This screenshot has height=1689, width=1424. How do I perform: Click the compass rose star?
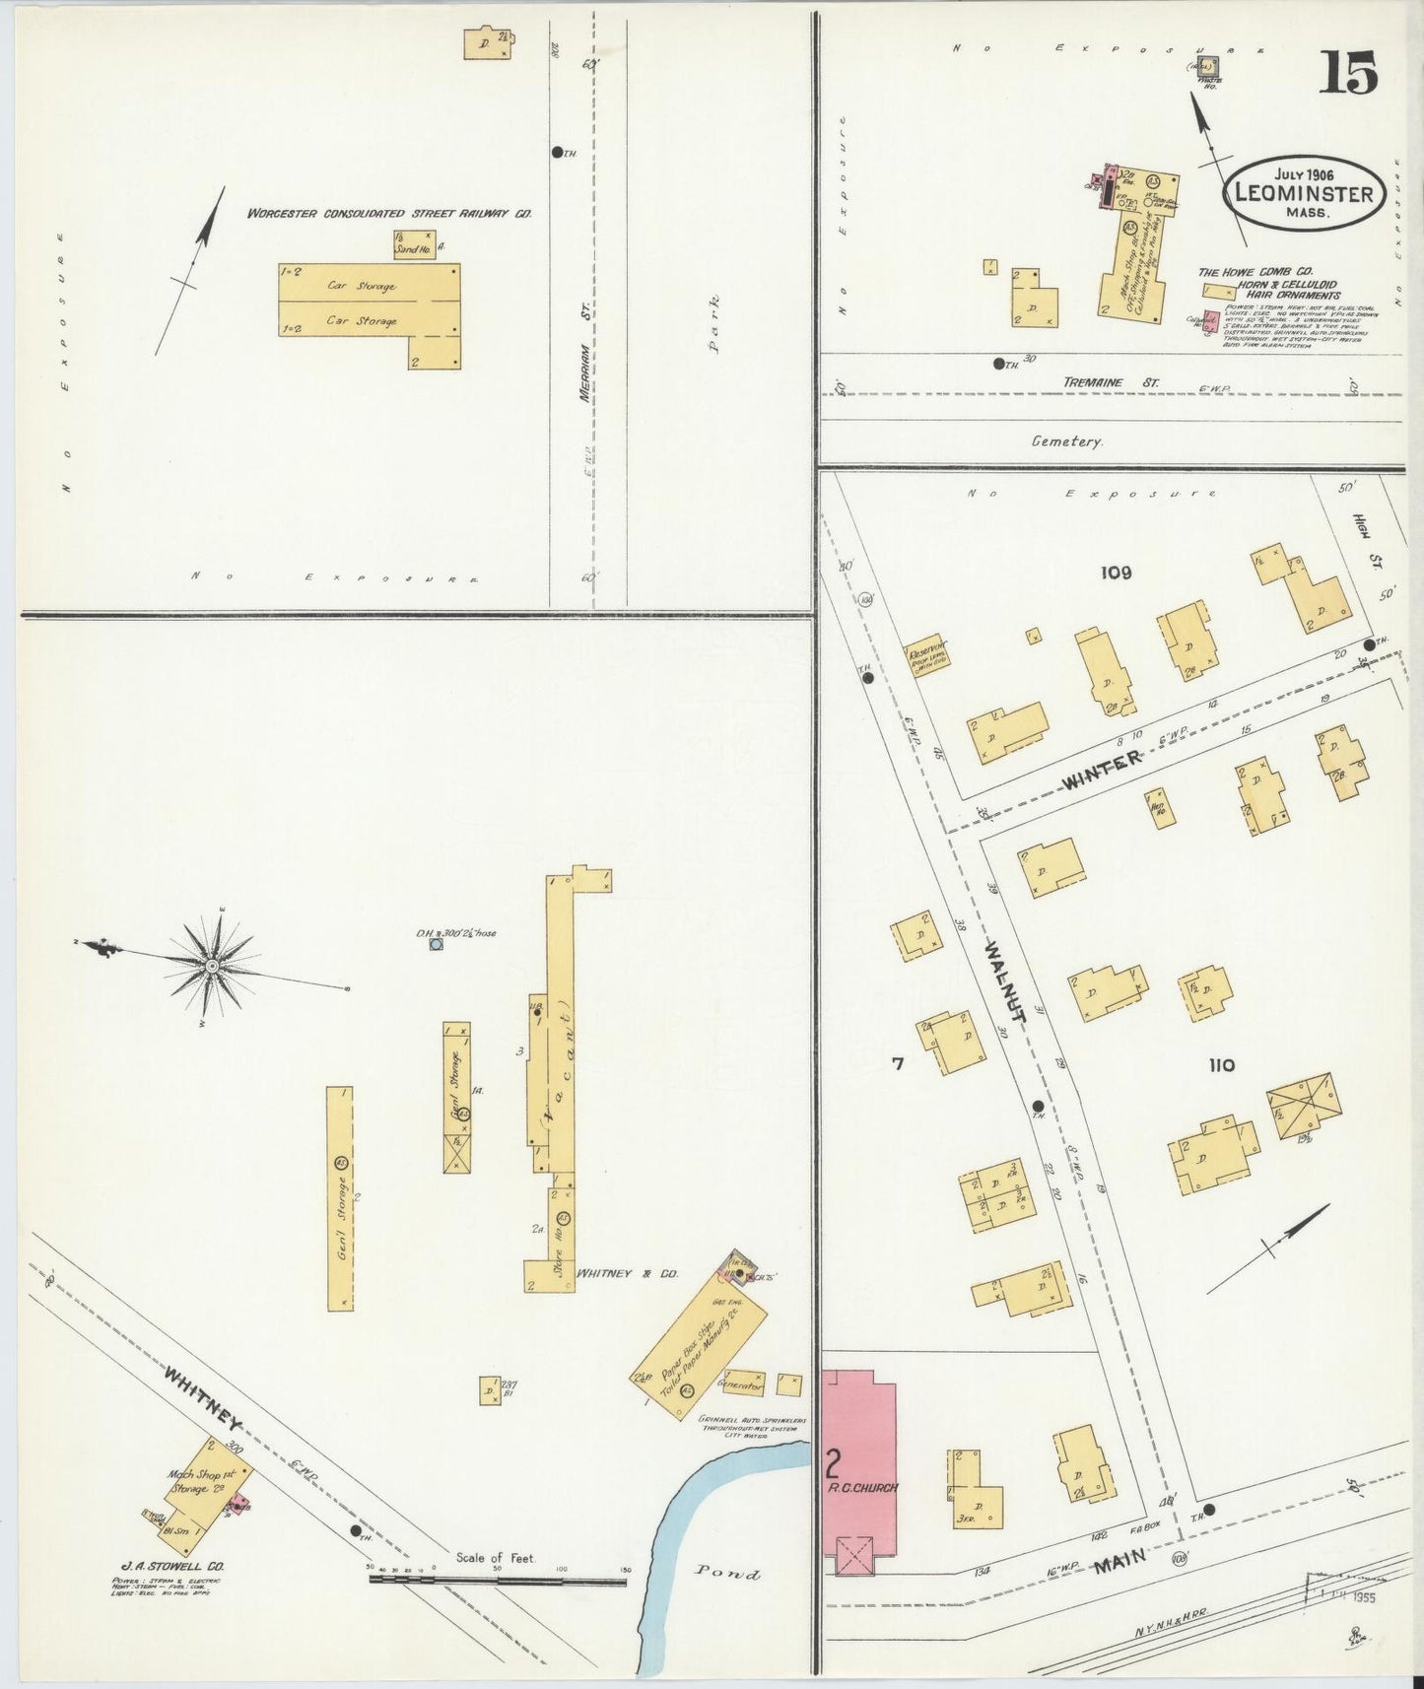[212, 967]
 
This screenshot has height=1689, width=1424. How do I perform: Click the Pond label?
[728, 1573]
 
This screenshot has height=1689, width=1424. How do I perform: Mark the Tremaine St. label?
[1111, 381]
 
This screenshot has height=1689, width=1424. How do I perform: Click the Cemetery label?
[1066, 441]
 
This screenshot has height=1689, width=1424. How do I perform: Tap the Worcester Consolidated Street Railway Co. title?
[389, 213]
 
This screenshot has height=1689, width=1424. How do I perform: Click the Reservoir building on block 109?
[926, 654]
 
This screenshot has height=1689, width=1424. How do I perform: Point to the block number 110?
[1220, 1065]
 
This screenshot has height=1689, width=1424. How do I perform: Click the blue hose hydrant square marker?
[436, 944]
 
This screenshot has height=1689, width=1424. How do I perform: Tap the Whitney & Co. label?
[628, 1273]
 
